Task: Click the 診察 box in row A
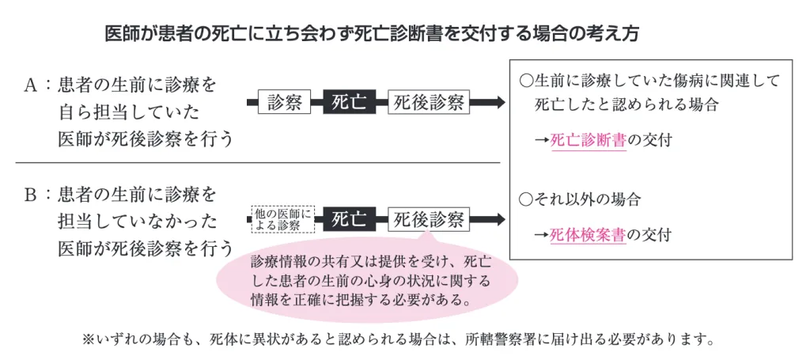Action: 285,102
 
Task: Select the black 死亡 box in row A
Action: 349,102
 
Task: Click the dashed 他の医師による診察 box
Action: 282,219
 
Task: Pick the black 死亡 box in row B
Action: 349,219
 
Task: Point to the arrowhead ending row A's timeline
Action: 498,102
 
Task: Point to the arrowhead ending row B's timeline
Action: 498,219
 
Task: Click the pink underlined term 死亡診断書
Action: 588,140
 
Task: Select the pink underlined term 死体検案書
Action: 588,234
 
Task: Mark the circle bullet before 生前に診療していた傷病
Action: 525,81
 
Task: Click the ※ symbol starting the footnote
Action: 88,341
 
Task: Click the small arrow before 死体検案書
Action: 542,234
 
